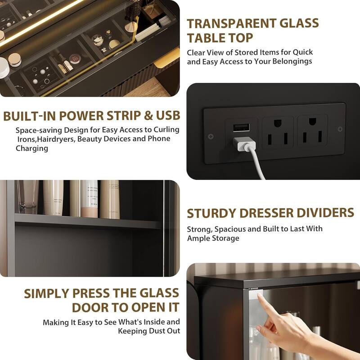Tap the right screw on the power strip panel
[340, 130]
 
